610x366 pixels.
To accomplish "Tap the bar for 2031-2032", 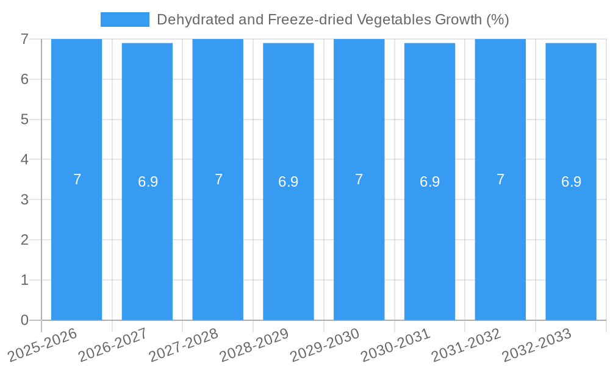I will click(x=500, y=244).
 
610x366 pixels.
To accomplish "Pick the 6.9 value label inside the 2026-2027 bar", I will click(x=148, y=182).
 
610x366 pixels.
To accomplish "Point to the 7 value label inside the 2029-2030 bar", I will click(x=359, y=179).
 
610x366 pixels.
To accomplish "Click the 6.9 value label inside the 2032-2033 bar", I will click(x=571, y=182).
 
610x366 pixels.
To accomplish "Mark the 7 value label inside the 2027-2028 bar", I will click(x=218, y=179).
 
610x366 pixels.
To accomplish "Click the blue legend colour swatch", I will click(x=124, y=20).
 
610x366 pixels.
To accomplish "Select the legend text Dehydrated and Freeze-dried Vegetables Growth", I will click(x=332, y=20).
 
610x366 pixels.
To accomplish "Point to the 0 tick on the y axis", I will click(x=24, y=320).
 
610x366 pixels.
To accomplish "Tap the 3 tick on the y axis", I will click(x=24, y=199).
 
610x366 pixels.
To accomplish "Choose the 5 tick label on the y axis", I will click(x=24, y=119).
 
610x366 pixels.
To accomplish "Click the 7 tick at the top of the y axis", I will click(x=24, y=39).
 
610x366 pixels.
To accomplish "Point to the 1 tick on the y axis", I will click(x=24, y=280).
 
